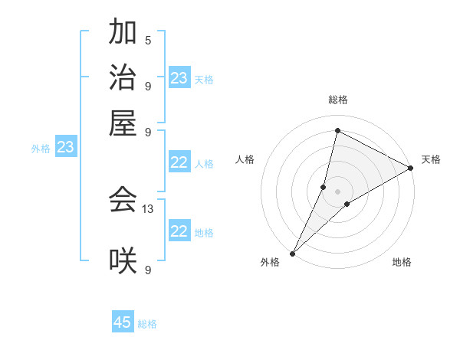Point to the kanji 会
coord(123,200)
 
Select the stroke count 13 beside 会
coord(148,208)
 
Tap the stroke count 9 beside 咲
coord(148,270)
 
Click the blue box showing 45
coord(123,322)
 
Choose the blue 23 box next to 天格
coord(179,78)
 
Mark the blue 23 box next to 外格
coord(65,147)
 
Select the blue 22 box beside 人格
coord(179,162)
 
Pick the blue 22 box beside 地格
coord(179,231)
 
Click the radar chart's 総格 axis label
coord(337,100)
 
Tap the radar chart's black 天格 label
coord(431,159)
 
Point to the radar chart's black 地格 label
coord(402,262)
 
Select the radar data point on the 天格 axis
coord(411,168)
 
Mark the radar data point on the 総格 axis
coord(337,130)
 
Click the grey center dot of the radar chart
coord(337,191)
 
